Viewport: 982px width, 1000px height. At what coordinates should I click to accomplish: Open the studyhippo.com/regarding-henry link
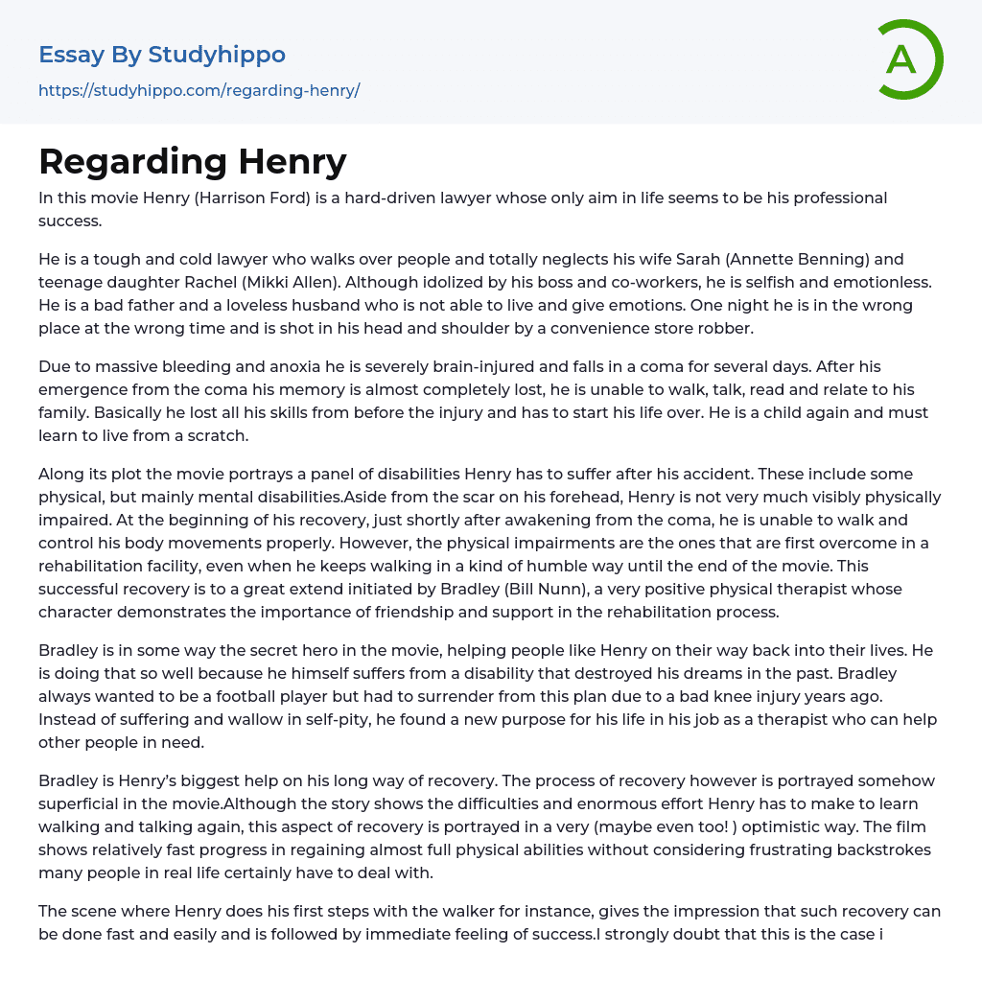tap(199, 91)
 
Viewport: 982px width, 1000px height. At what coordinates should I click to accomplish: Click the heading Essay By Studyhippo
tap(162, 55)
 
